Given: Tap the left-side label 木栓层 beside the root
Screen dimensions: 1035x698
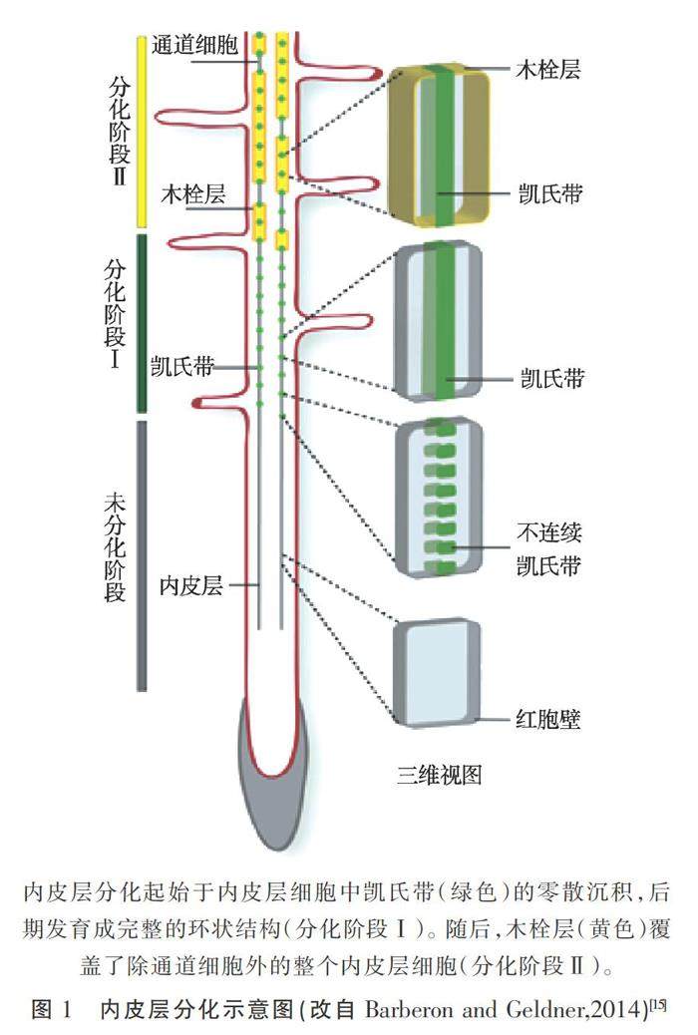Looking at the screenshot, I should coord(193,193).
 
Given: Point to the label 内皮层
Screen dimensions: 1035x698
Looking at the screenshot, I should coord(190,585).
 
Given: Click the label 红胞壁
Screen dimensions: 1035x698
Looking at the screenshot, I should coord(547,719).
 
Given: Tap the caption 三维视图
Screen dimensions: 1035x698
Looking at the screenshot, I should coord(439,774).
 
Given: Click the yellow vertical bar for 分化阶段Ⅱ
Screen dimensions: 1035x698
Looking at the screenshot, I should coord(142,130).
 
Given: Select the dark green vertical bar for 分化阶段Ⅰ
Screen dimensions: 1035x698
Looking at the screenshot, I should coord(142,322).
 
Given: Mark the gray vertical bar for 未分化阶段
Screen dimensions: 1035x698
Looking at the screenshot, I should coord(142,554).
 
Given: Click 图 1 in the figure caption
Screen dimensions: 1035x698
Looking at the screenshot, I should coord(53,1009).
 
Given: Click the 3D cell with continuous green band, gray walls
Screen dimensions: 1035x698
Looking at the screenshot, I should coord(439,319).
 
